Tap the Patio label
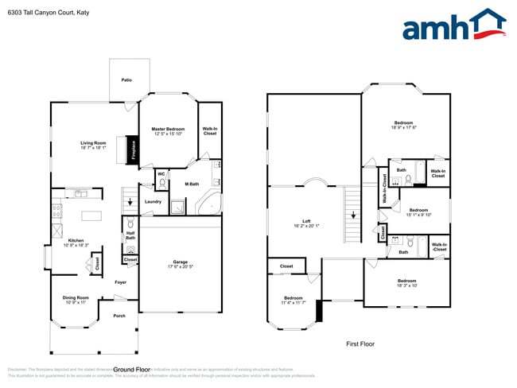pos(126,80)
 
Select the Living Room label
pos(93,143)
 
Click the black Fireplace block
pos(133,150)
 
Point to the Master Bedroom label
pos(168,129)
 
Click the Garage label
pos(181,262)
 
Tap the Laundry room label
pos(153,201)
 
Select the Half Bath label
pos(130,235)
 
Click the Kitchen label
pos(76,239)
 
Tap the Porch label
pos(119,316)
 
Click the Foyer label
pos(120,281)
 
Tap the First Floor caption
pos(360,344)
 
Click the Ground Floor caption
pos(132,370)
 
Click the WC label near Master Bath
pos(161,173)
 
